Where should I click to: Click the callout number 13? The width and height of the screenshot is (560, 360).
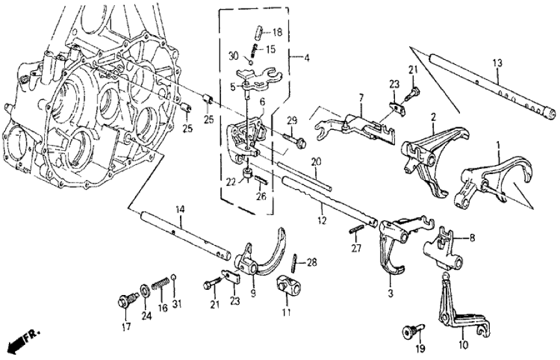click(x=497, y=64)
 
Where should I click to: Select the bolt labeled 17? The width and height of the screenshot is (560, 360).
click(x=125, y=300)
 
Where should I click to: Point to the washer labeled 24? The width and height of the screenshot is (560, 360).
click(x=142, y=289)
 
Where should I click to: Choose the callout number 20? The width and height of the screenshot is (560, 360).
click(x=315, y=161)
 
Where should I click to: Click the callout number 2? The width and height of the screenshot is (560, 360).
click(x=432, y=118)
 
